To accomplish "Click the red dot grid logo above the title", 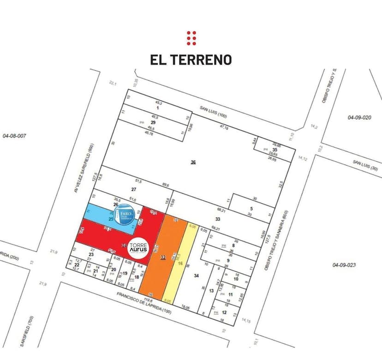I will tap(191, 38).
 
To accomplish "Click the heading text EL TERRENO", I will tap(191, 60).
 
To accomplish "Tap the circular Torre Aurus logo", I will tap(138, 248).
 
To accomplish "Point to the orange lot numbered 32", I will tap(162, 258).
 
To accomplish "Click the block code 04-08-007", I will tap(14, 136).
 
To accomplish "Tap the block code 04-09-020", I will tap(359, 118).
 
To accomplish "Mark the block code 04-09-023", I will tap(344, 264).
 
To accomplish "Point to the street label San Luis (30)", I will tap(365, 165).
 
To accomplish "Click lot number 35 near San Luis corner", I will tap(275, 150).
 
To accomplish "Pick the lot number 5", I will tap(251, 208).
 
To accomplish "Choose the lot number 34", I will tap(197, 276).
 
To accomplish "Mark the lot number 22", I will tap(77, 264).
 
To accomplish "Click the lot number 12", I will tap(224, 312).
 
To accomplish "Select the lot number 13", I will tap(211, 290).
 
